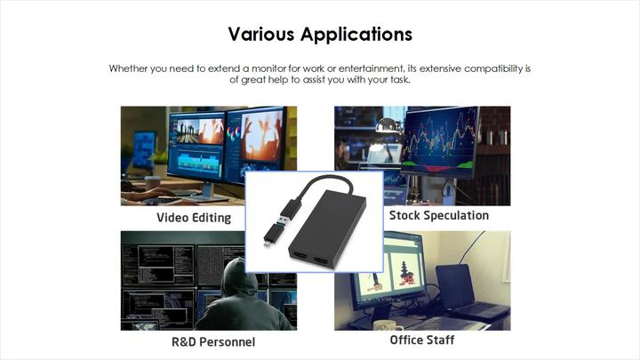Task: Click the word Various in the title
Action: pyautogui.click(x=261, y=34)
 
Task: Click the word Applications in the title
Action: pyautogui.click(x=356, y=35)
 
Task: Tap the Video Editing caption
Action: pyautogui.click(x=194, y=218)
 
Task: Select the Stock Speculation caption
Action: pyautogui.click(x=439, y=215)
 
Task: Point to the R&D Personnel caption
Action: pyautogui.click(x=213, y=342)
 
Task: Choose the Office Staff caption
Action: pyautogui.click(x=422, y=340)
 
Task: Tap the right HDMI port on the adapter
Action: pyautogui.click(x=321, y=261)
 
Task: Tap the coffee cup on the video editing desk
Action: pyautogui.click(x=153, y=183)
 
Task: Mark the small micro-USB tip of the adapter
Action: pyautogui.click(x=266, y=244)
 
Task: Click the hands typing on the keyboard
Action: pyautogui.click(x=150, y=195)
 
